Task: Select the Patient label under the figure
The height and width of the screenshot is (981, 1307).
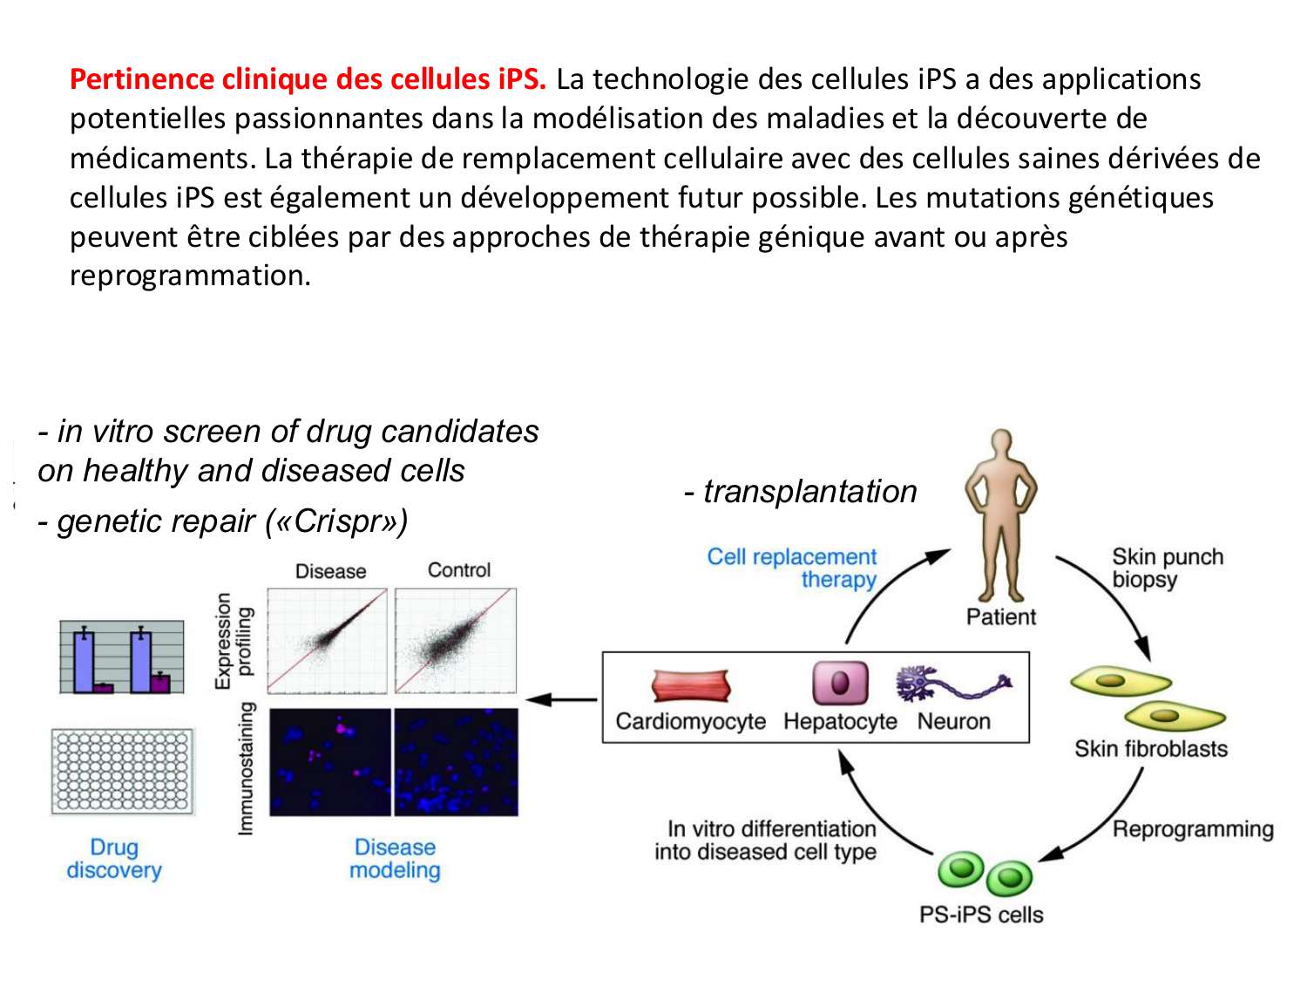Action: (1001, 617)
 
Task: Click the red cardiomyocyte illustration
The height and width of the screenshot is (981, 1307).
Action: (690, 686)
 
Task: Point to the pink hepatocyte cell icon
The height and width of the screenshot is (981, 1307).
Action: (840, 683)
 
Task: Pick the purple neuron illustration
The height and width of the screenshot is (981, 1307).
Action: (952, 684)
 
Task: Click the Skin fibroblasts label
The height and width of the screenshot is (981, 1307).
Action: (1150, 749)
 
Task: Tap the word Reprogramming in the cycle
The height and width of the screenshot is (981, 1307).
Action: (1192, 829)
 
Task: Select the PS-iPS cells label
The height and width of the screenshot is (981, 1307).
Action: (981, 915)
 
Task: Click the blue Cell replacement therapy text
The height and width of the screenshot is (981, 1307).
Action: (793, 569)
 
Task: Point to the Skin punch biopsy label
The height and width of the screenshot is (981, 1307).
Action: (1167, 569)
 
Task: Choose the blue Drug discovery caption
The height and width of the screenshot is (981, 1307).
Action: (114, 859)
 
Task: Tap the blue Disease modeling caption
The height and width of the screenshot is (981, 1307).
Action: (395, 859)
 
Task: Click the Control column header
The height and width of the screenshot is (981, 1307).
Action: (458, 570)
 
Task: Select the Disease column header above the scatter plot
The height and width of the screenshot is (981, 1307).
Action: (330, 571)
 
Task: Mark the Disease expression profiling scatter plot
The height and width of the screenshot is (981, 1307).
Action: (328, 641)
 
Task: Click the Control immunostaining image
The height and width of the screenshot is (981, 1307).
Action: (456, 762)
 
